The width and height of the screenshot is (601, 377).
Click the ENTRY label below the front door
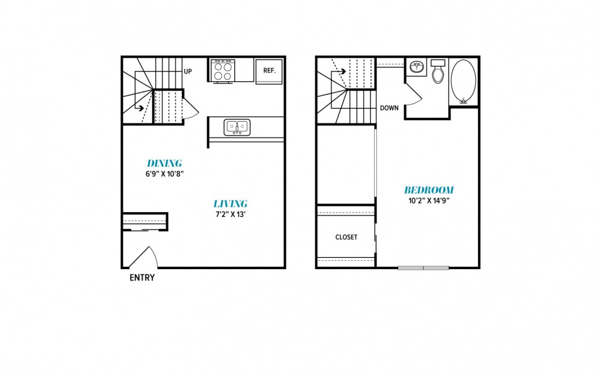142,278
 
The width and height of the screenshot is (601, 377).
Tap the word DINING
164,163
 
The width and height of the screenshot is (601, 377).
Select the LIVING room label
231,204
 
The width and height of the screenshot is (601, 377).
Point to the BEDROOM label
429,190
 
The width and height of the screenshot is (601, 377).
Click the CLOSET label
346,237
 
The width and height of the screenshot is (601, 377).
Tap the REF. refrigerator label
269,70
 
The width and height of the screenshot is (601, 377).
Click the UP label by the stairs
188,71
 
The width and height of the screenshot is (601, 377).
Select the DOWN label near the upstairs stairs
389,108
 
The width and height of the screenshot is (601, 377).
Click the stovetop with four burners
223,70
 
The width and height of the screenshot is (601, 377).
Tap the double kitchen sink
237,127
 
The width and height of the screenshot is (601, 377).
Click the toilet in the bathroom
438,71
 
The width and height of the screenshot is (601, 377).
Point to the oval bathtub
464,81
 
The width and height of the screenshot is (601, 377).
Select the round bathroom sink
416,67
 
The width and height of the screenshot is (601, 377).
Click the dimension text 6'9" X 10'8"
164,174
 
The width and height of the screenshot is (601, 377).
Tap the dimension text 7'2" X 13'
231,214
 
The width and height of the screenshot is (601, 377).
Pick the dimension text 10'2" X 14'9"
429,201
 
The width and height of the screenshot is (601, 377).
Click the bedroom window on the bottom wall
423,268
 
